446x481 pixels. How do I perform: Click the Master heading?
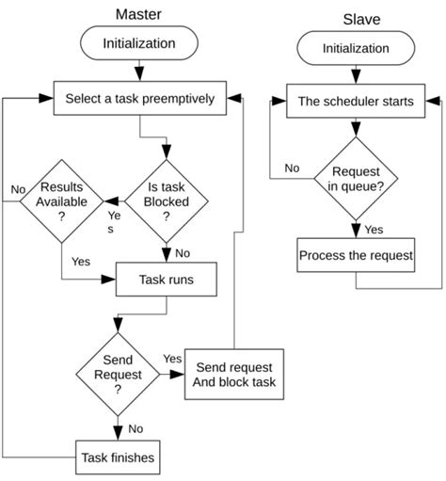[x=138, y=14]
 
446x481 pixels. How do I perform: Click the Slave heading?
[x=356, y=20]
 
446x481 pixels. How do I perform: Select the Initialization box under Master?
[x=139, y=42]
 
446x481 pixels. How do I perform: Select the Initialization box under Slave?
[x=356, y=49]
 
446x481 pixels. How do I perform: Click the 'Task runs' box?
[x=167, y=280]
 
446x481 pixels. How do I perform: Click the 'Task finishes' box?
[x=118, y=458]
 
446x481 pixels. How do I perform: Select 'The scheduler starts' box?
[x=356, y=100]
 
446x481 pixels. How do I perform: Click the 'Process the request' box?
[x=356, y=255]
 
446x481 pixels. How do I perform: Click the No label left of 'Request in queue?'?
[x=293, y=168]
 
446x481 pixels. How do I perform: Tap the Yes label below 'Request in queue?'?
[x=374, y=229]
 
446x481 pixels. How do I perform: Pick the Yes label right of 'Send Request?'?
[x=172, y=359]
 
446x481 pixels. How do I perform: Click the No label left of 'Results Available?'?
[x=18, y=189]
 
